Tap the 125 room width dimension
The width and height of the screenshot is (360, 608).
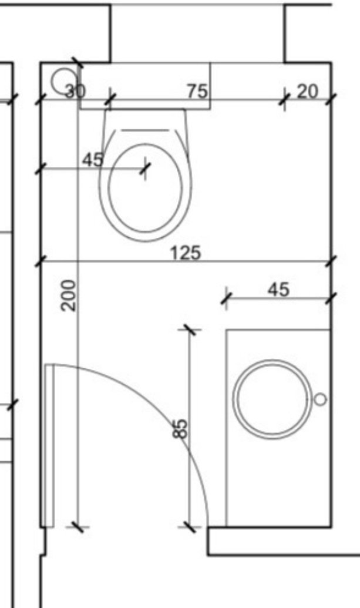click(x=186, y=253)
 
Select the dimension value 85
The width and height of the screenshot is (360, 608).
click(x=180, y=428)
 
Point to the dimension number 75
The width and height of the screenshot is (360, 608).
click(x=198, y=92)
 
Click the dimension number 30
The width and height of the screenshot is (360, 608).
click(x=75, y=92)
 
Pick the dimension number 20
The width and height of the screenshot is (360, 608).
click(x=308, y=92)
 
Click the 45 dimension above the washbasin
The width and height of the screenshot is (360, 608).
click(x=278, y=289)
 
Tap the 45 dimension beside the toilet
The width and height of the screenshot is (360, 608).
click(x=93, y=159)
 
